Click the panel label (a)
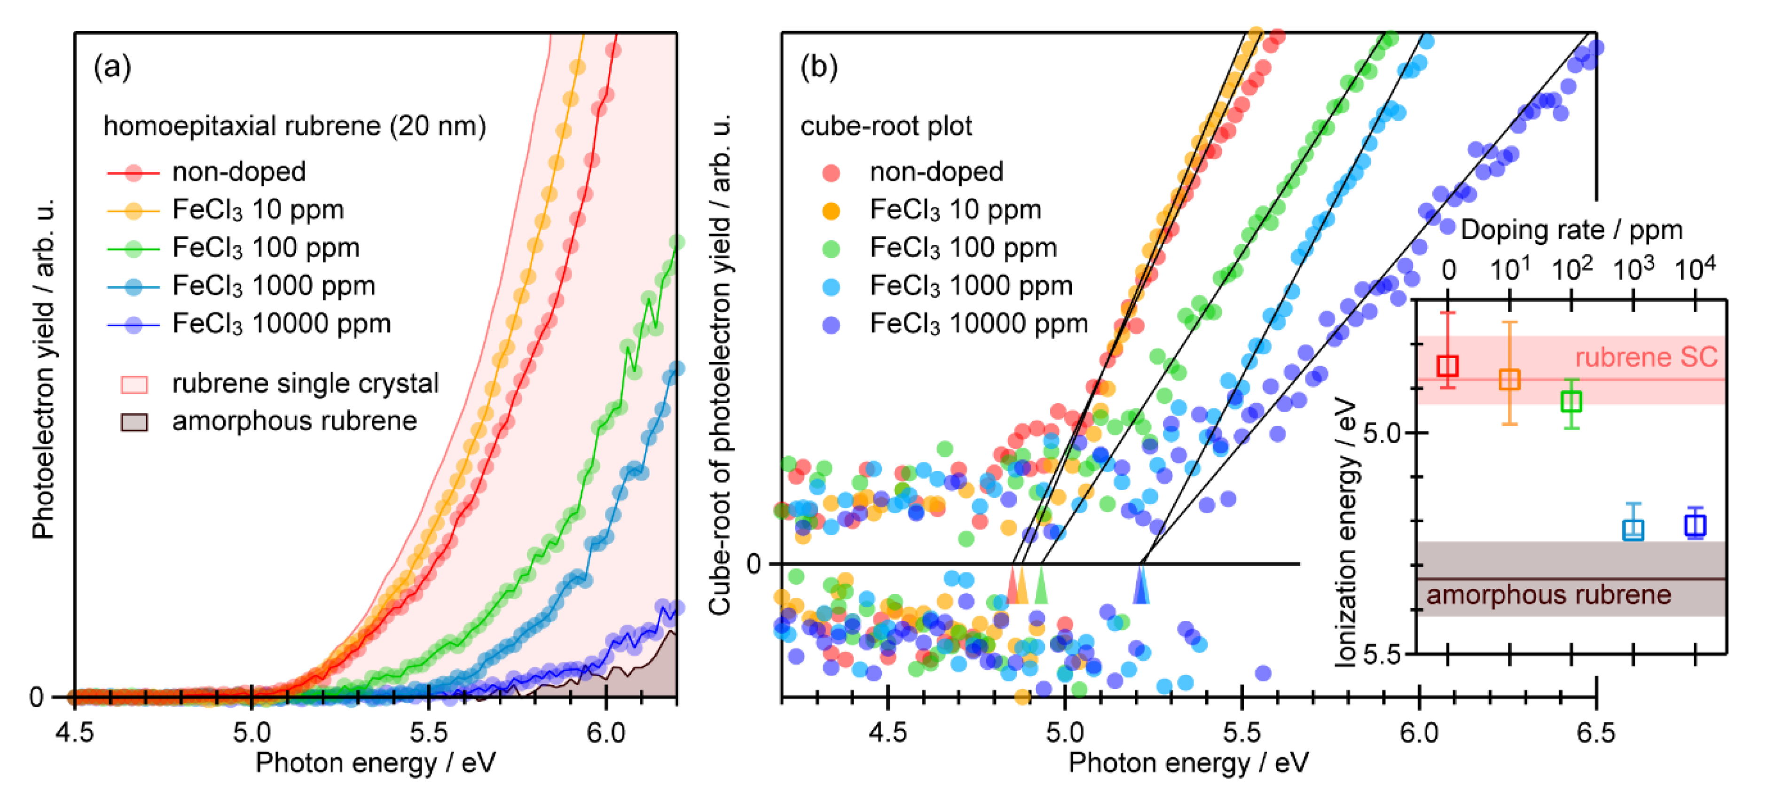point(112,67)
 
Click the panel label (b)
point(819,67)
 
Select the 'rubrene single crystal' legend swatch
point(134,384)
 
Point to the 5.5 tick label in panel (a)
point(429,733)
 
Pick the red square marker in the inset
point(1447,366)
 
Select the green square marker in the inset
point(1571,401)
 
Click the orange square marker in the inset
point(1509,379)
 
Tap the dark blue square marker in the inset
point(1695,525)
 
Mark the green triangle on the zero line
point(1041,588)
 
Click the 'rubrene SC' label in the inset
point(1646,357)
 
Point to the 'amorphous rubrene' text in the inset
point(1549,595)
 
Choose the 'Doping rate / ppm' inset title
point(1571,230)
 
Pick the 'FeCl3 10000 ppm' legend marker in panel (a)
point(134,324)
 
